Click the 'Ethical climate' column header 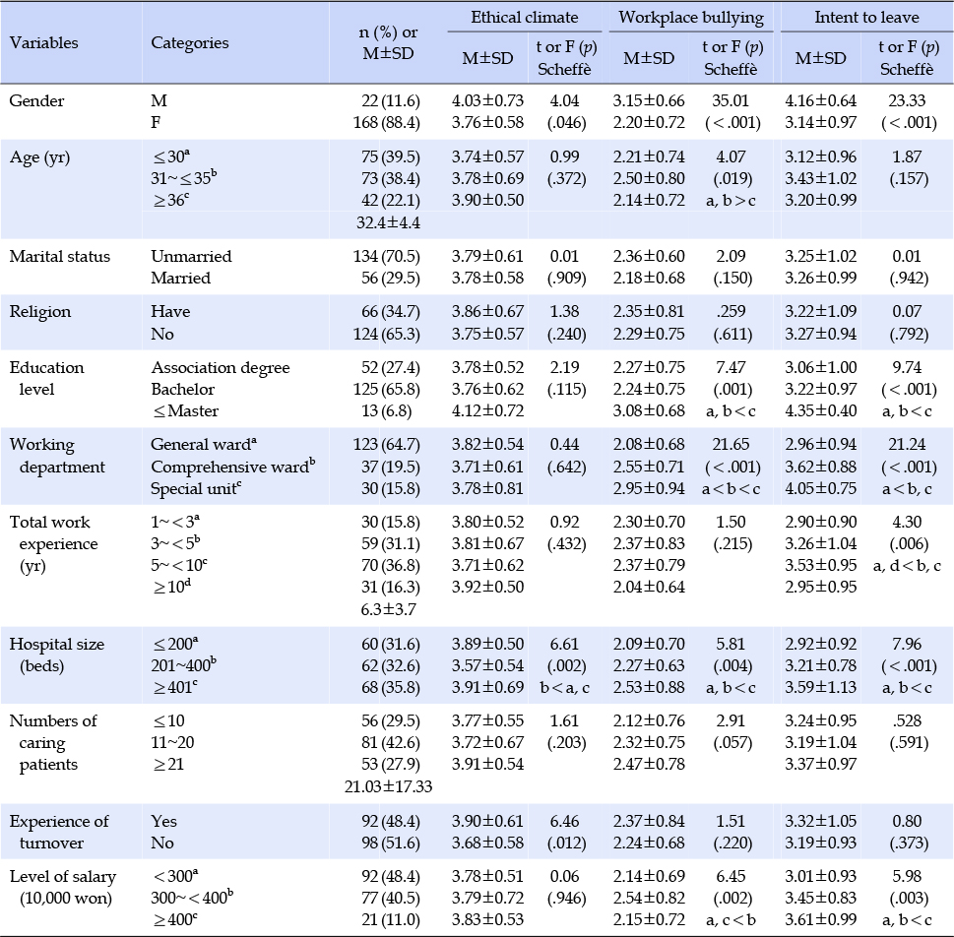525,17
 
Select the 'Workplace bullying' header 691,18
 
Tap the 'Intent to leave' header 866,17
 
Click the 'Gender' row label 36,100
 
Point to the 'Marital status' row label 60,256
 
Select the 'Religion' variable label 40,312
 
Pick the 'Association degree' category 221,367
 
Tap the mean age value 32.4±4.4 388,222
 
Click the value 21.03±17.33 388,786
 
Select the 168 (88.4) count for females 386,122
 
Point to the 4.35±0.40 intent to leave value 821,410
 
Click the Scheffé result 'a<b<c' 731,488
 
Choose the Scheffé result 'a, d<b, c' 907,566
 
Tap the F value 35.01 731,100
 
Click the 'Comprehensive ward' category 233,467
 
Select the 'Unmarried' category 191,256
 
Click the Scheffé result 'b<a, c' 564,688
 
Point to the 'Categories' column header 190,42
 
